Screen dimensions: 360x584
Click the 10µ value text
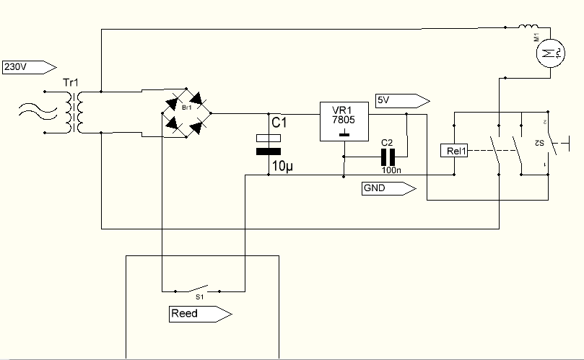[283, 167]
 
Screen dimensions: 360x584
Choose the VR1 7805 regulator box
[344, 120]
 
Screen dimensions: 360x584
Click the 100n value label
[391, 170]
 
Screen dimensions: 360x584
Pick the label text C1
[279, 123]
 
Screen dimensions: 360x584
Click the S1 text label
[199, 297]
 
